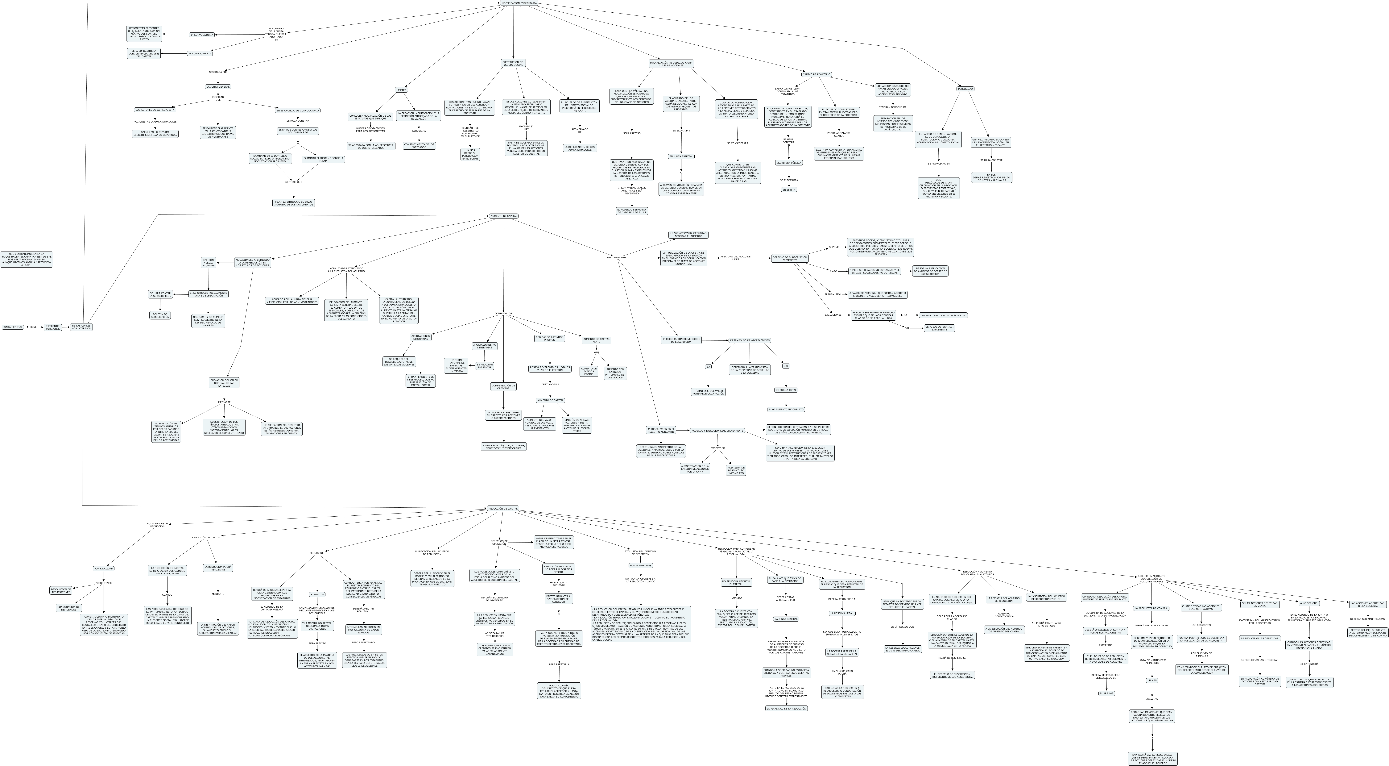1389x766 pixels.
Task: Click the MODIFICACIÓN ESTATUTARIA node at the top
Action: (x=519, y=3)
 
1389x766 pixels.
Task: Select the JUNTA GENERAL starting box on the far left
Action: (x=13, y=327)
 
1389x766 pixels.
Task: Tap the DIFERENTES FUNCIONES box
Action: (x=53, y=327)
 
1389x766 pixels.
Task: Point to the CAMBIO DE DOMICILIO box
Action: (x=816, y=74)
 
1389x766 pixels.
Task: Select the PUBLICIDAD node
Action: (x=965, y=89)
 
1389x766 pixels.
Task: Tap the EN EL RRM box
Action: (x=788, y=190)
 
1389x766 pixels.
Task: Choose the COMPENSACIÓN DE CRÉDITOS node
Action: (x=503, y=387)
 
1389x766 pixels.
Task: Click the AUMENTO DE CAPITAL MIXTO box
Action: (x=596, y=340)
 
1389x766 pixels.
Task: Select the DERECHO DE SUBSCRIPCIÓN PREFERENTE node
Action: (x=789, y=258)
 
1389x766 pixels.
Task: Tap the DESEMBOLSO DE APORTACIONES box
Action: (x=750, y=340)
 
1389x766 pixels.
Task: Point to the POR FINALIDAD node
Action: (x=104, y=568)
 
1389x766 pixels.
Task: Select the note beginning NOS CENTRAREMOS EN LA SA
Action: (x=26, y=260)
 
